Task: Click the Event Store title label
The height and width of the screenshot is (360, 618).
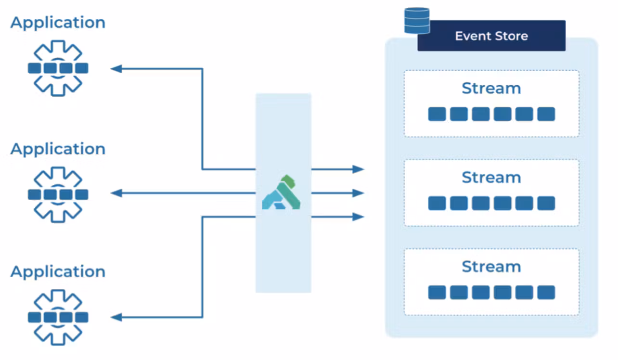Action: coord(491,36)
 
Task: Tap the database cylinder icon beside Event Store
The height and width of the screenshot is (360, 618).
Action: coord(417,21)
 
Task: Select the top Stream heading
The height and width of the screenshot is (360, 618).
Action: coord(491,89)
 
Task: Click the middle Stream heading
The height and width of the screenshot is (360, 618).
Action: coord(491,178)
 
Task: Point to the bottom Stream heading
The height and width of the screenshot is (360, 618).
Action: coord(491,267)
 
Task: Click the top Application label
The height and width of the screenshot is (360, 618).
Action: coord(58,23)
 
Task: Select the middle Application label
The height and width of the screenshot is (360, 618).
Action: coord(58,149)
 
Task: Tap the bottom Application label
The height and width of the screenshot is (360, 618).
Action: coord(58,272)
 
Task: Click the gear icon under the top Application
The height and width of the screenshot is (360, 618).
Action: coord(58,68)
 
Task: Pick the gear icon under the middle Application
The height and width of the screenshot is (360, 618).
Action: coord(58,194)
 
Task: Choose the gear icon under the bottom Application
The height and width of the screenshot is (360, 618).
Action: coord(58,317)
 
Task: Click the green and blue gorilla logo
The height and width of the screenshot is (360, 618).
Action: coord(282,193)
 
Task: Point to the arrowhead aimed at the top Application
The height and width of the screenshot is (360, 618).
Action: coord(116,69)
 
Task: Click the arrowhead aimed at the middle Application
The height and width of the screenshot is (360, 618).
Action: coord(116,193)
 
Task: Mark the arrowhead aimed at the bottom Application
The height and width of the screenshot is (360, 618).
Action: coord(116,317)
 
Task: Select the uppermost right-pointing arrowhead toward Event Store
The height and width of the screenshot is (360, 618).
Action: coord(358,169)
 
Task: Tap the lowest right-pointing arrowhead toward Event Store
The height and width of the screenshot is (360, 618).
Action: coord(358,217)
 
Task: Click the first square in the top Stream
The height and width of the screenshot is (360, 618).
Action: coord(437,114)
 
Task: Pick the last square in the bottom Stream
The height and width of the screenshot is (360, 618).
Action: coord(546,292)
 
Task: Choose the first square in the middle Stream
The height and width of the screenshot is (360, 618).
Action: coord(437,203)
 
